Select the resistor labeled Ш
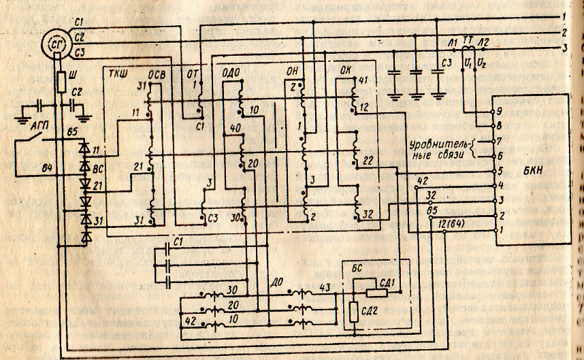point(61,83)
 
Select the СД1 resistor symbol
point(376,293)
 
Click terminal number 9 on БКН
point(500,111)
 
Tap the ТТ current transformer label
point(467,41)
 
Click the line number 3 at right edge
point(565,47)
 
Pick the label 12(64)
point(451,223)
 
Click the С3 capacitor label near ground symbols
point(446,63)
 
